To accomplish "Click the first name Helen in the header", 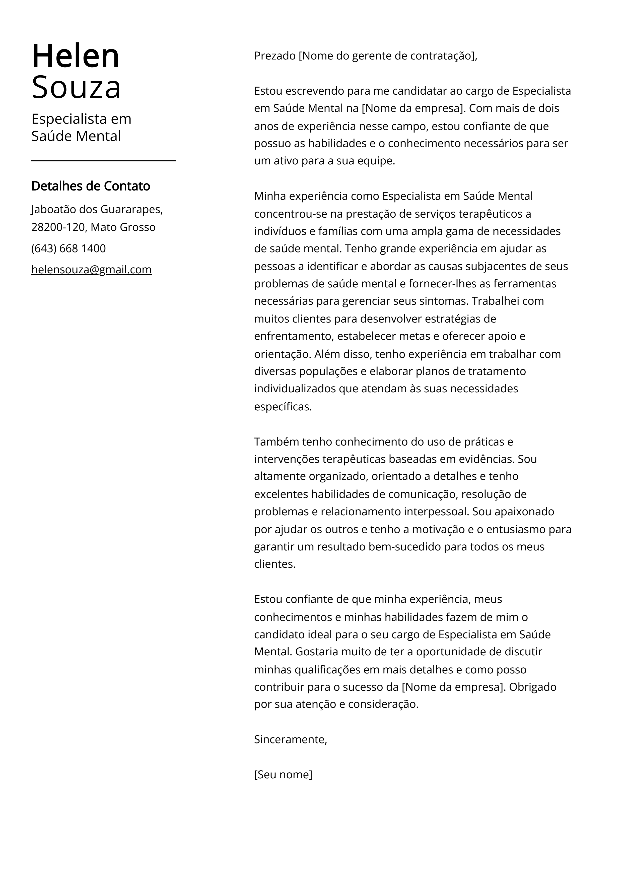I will (76, 56).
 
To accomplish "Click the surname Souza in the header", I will (76, 87).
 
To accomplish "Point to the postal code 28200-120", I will (57, 227).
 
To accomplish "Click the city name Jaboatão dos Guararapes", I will (97, 209).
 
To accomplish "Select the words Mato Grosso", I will (123, 227).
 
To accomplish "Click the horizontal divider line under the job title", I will (103, 161).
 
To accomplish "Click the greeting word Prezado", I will (275, 56).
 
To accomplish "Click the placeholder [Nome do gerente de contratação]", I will (387, 56).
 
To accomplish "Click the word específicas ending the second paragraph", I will (283, 406).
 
